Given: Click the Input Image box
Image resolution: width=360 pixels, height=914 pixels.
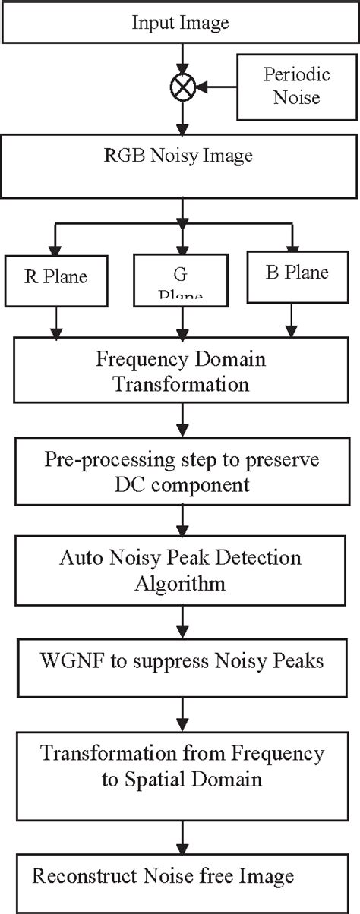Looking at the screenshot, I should click(x=180, y=22).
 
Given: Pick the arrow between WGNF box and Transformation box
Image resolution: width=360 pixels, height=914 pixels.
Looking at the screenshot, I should click(x=181, y=712).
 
